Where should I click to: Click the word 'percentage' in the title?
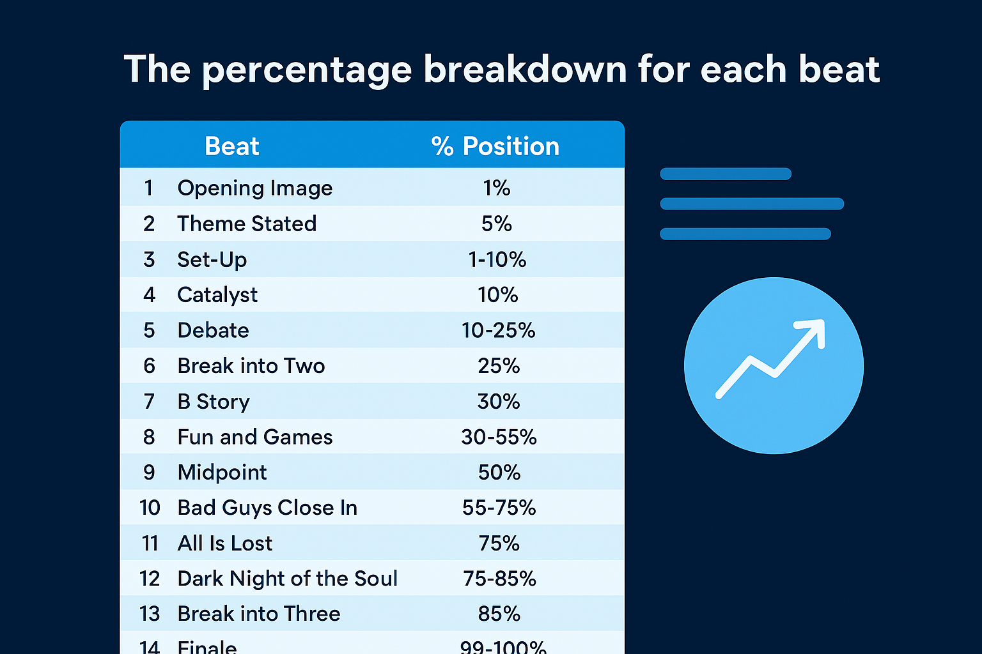click(307, 70)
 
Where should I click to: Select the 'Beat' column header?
click(231, 146)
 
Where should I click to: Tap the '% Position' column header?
click(495, 146)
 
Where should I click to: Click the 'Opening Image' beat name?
click(254, 188)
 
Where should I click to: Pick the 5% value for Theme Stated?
click(497, 224)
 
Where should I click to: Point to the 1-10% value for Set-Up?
click(497, 259)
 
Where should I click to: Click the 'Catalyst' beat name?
click(217, 294)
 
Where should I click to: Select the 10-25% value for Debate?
click(498, 330)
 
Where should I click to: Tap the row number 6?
click(149, 366)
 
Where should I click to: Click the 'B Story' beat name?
click(214, 402)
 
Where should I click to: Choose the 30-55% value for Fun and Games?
click(499, 437)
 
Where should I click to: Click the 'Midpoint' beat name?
click(222, 473)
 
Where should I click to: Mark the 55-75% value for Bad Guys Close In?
click(499, 508)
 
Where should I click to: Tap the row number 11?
click(150, 544)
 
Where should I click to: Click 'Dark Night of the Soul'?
click(288, 579)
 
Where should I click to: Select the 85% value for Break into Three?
click(499, 614)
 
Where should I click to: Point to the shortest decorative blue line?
click(726, 174)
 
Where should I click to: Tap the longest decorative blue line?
click(752, 204)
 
